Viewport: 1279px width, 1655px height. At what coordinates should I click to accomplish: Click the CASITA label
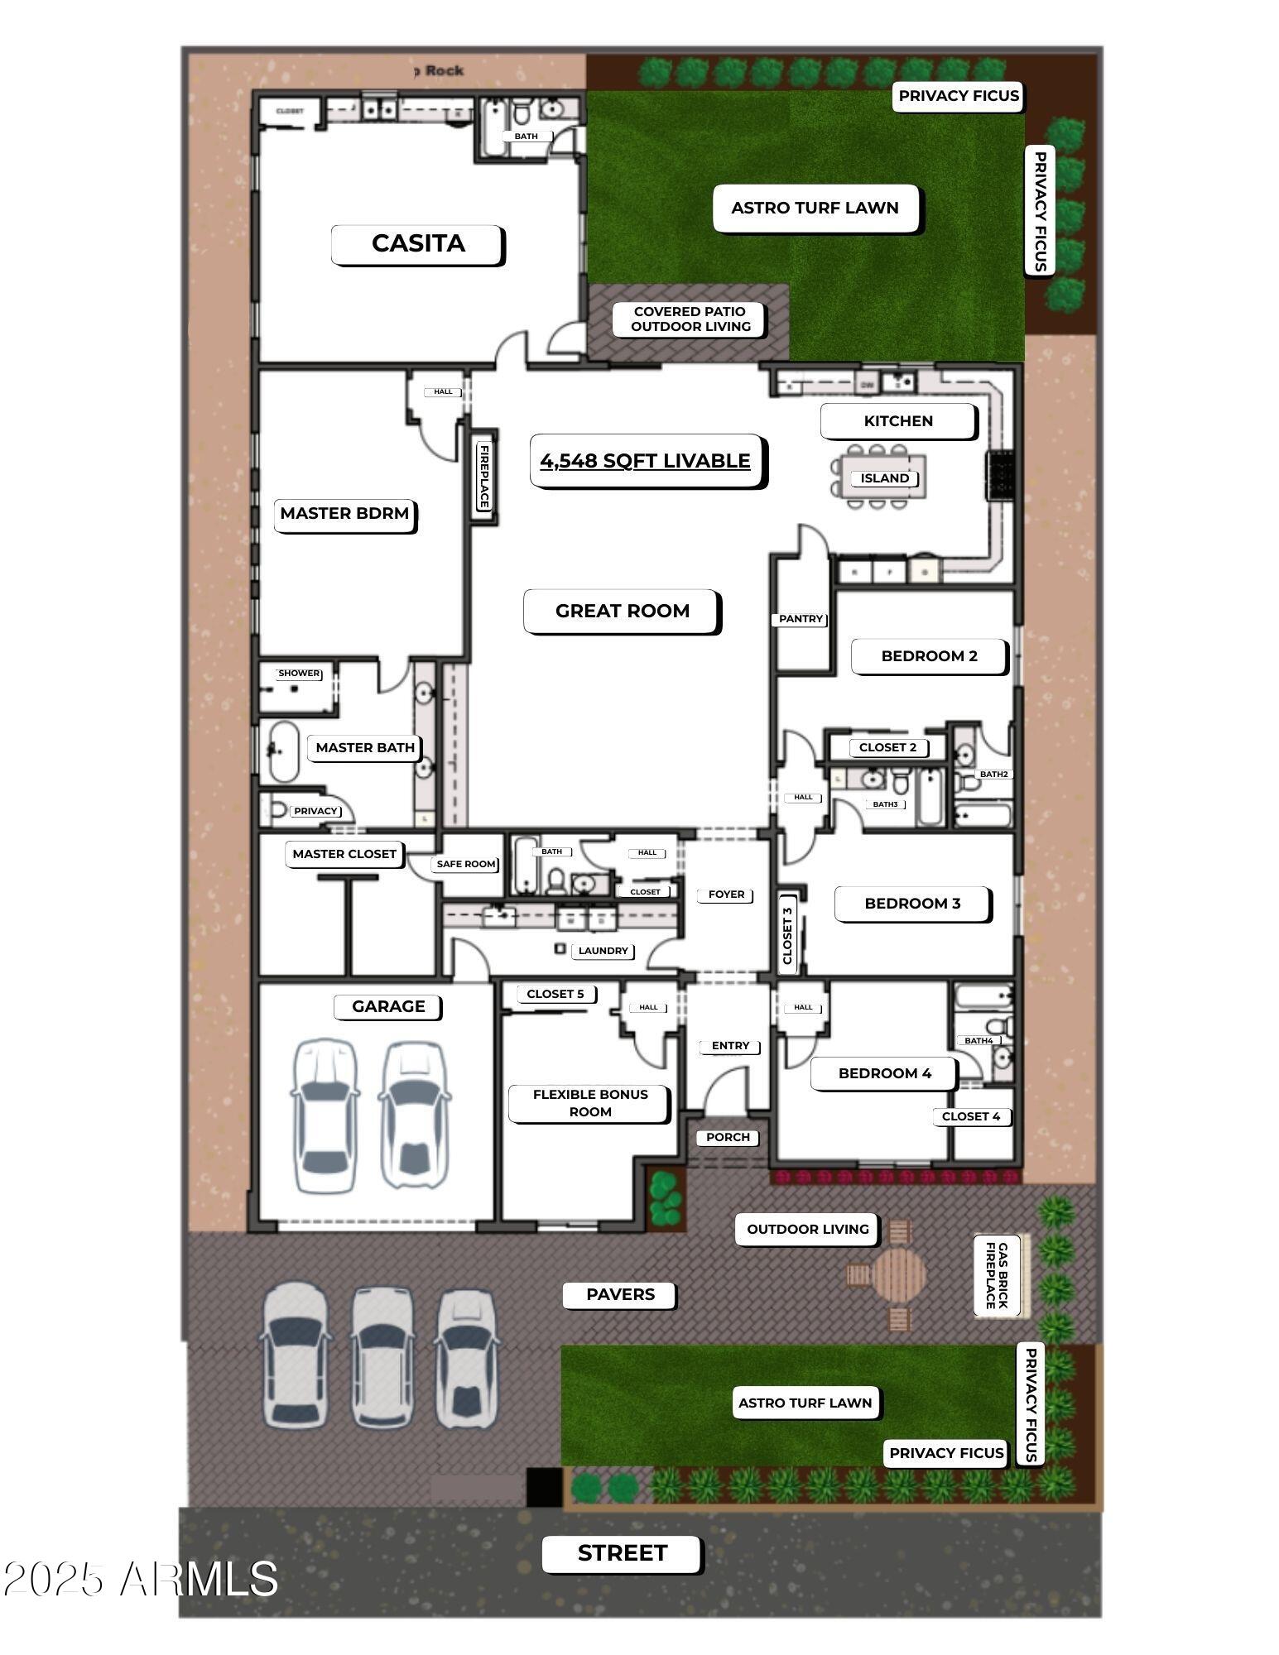coord(418,244)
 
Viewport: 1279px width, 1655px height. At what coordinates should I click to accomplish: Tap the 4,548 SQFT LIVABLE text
coord(646,461)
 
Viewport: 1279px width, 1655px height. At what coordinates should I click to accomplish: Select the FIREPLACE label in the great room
coord(484,477)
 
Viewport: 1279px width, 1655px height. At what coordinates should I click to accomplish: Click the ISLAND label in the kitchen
coord(884,478)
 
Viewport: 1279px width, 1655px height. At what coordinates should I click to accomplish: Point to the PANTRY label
coord(801,619)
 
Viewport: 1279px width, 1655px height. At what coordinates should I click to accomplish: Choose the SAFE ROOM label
coord(466,864)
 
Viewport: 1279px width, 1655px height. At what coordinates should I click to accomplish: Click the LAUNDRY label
coord(603,951)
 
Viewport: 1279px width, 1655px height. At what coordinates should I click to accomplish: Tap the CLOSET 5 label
coord(555,994)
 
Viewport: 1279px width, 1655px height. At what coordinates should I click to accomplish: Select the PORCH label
coord(728,1137)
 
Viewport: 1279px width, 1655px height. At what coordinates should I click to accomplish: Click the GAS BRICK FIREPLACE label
coord(997,1275)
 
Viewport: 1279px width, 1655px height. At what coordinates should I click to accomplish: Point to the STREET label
coord(623,1553)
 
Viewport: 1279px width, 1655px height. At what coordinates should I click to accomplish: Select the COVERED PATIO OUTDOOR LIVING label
coord(690,319)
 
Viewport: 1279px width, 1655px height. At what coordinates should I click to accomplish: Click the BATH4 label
coord(978,1040)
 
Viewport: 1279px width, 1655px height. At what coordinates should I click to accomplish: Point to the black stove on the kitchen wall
coord(1000,476)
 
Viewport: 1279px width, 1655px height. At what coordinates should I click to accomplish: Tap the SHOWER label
coord(299,673)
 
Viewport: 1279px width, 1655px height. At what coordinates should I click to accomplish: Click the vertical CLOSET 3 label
coord(787,936)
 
